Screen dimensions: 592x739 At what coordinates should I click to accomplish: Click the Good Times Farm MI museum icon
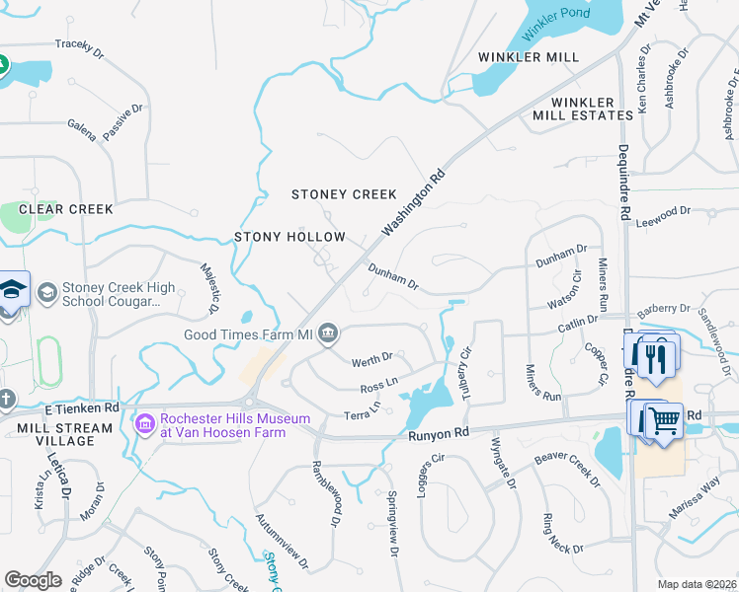329,335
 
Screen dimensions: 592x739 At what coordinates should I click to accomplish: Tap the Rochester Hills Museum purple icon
145,423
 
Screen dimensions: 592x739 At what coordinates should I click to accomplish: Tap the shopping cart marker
664,421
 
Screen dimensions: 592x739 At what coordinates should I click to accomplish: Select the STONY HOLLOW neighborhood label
289,237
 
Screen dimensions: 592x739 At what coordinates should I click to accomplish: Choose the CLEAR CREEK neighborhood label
66,209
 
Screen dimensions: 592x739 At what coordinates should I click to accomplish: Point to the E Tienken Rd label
82,407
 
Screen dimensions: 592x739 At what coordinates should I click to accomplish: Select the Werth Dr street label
373,357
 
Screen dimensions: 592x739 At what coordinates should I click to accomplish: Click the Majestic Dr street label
208,289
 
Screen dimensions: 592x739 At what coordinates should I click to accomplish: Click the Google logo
33,580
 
